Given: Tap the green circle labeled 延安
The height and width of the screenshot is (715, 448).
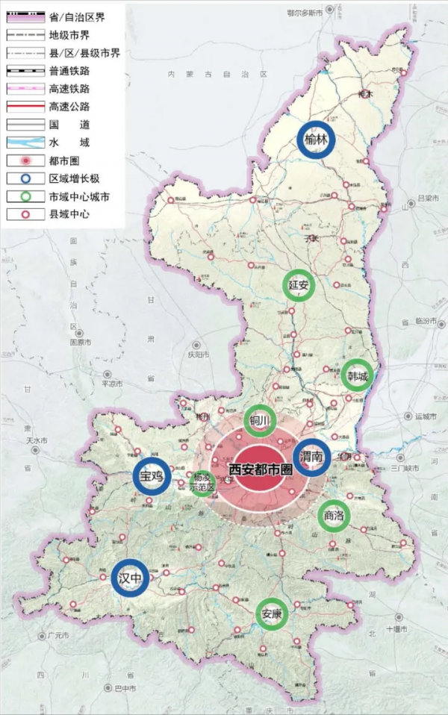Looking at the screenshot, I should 299,285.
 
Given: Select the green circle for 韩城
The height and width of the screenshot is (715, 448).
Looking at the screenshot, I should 355,377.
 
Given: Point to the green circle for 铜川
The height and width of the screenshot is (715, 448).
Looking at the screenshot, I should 260,421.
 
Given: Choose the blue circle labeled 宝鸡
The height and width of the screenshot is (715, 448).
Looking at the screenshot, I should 152,475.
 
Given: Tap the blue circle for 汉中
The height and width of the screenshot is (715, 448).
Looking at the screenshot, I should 130,578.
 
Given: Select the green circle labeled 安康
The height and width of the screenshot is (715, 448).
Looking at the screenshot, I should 271,615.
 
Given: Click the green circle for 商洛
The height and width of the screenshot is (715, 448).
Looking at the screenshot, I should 333,515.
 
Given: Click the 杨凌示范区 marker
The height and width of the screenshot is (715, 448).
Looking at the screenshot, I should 202,482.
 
